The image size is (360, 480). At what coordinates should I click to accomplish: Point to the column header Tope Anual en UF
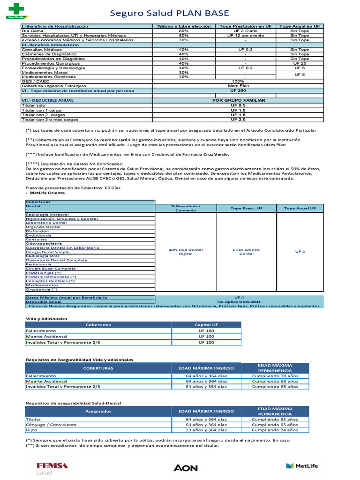point(300,26)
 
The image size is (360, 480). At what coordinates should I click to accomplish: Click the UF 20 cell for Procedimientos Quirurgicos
point(300,63)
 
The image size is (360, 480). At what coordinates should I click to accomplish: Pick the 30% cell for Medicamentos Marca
point(184,72)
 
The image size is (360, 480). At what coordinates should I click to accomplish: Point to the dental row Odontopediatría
point(44,244)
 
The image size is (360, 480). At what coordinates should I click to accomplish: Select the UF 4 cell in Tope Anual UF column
point(300,252)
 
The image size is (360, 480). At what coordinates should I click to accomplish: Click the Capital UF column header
point(206,324)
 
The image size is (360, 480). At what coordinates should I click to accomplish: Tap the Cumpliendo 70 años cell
point(275,376)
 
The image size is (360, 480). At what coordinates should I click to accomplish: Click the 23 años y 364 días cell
point(206,429)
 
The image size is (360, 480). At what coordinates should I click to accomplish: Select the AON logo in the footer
point(186,468)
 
